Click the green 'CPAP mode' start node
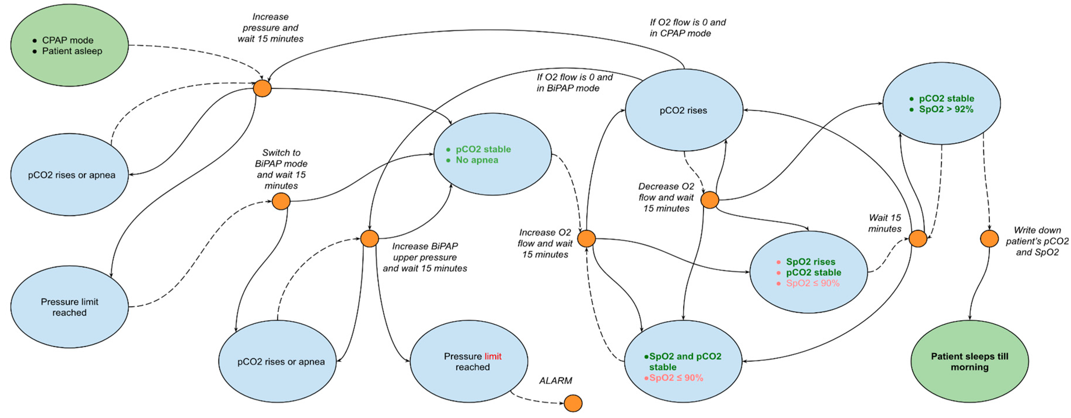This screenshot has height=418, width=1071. coord(69,45)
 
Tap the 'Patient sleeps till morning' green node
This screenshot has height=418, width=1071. coord(969,361)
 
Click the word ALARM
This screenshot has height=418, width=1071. coord(555,381)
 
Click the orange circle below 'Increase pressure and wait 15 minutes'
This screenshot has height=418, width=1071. coord(262,88)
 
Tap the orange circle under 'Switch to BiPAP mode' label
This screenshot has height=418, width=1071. coord(281,201)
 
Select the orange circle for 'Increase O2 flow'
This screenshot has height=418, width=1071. coord(587,238)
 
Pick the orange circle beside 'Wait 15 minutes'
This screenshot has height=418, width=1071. coord(918,239)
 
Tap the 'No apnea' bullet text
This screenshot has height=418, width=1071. coord(477,160)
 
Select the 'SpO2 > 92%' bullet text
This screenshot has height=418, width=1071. coord(946,109)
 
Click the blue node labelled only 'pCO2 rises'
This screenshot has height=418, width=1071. coord(683,110)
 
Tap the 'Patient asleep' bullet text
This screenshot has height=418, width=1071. coord(72,51)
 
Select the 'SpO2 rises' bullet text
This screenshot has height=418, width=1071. coord(810,262)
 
